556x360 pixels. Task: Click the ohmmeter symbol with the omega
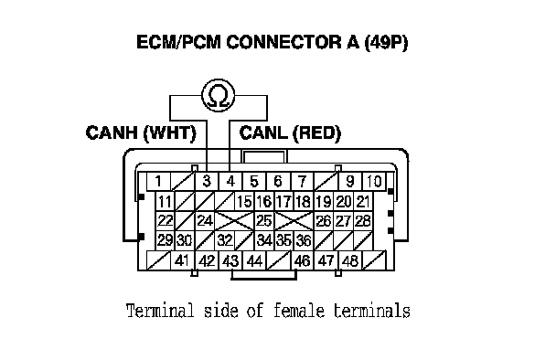(x=218, y=95)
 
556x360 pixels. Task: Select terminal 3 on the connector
(x=207, y=182)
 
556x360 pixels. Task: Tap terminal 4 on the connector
(x=230, y=182)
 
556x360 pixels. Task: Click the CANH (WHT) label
(x=141, y=132)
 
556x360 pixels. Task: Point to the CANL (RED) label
(x=290, y=132)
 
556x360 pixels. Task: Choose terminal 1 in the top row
(x=158, y=182)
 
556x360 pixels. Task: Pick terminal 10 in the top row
(x=374, y=182)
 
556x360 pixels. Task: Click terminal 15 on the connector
(x=244, y=202)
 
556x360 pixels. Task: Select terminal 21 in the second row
(x=363, y=202)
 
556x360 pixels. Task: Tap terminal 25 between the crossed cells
(x=263, y=221)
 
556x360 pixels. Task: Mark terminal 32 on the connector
(x=225, y=240)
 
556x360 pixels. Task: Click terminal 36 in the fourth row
(x=304, y=240)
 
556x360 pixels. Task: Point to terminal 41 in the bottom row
(x=182, y=260)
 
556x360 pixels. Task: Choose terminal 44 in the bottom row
(x=254, y=260)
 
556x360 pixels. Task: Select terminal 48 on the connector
(x=350, y=260)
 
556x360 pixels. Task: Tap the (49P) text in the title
(x=386, y=43)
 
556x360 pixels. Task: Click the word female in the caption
(x=299, y=311)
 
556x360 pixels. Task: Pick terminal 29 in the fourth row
(x=165, y=240)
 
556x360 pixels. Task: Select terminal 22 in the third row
(x=165, y=221)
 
